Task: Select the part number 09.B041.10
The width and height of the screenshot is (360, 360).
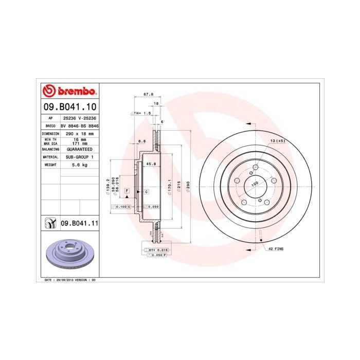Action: coord(69,106)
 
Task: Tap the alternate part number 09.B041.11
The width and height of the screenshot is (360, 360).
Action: coord(79,223)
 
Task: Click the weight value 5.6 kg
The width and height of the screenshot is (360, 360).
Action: coord(79,165)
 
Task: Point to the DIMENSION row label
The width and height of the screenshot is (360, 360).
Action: coord(50,133)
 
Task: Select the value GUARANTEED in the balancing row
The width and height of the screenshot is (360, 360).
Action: coord(79,149)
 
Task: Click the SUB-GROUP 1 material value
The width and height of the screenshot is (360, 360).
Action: coord(79,157)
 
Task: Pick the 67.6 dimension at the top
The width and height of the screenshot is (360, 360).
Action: coord(149,94)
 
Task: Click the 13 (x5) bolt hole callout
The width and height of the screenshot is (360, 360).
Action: coord(277,140)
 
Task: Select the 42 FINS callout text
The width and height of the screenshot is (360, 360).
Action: coord(276,248)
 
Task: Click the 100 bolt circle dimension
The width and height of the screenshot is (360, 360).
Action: coord(254,183)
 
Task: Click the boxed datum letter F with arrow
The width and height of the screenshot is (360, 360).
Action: coord(126,191)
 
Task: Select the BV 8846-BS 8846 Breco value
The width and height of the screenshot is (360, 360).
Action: coord(79,125)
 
